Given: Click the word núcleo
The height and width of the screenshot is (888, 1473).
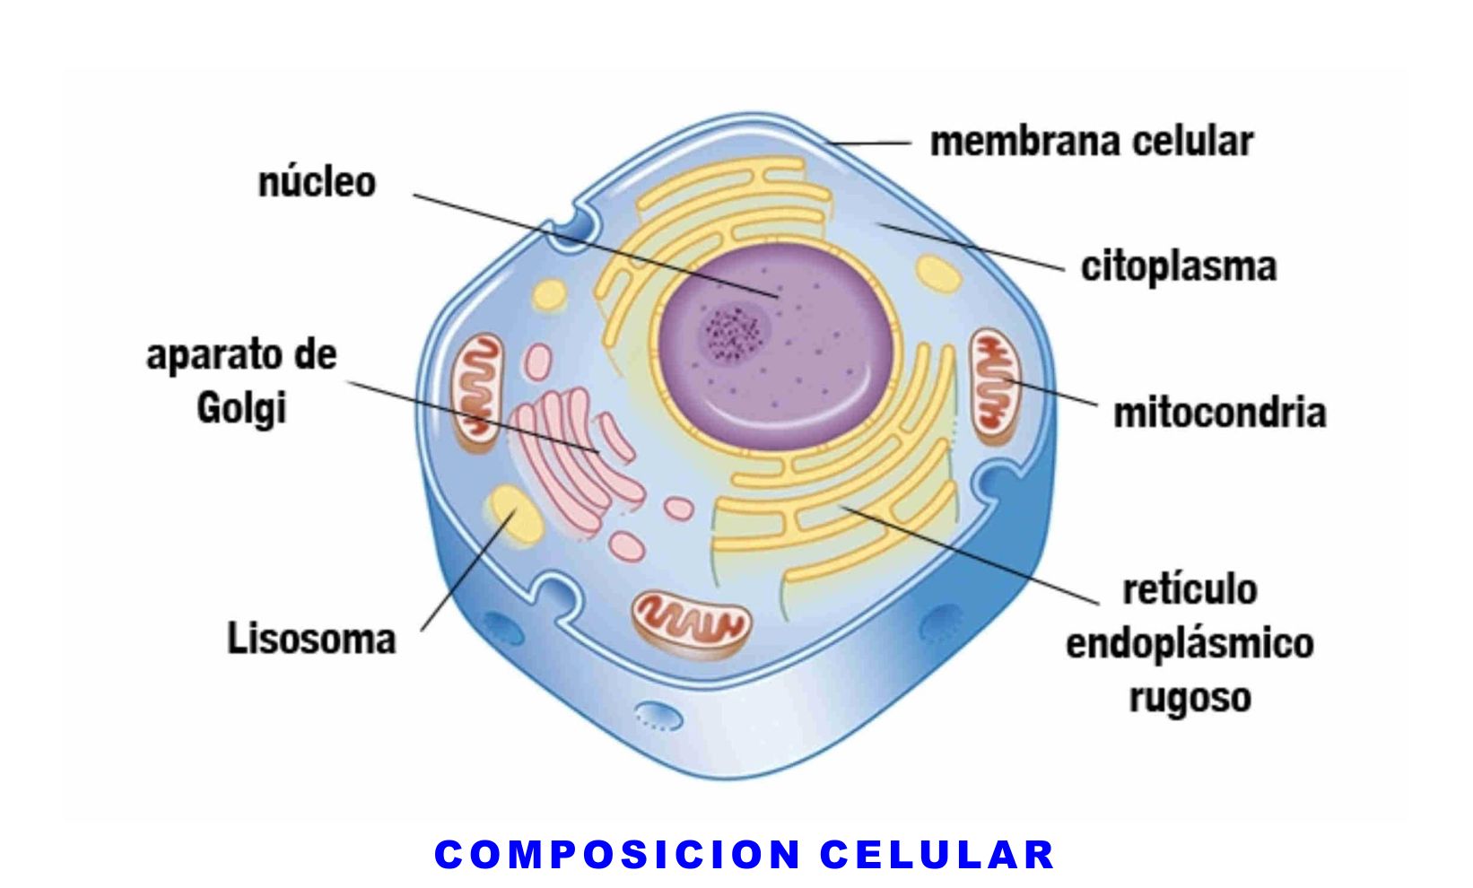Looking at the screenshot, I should tap(317, 182).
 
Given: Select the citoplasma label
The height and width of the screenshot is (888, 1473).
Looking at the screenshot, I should tap(1178, 266).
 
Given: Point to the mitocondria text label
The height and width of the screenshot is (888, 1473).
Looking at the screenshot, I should tap(1219, 413).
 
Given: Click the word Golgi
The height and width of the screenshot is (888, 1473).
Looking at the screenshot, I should tap(240, 409).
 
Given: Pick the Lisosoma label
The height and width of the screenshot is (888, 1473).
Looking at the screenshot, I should tap(311, 640).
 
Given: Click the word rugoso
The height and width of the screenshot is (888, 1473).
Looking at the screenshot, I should tap(1190, 698).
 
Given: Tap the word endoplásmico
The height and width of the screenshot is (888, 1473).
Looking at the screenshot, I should tap(1190, 644).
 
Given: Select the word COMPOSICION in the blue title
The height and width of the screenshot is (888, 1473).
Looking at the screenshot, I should tap(617, 855).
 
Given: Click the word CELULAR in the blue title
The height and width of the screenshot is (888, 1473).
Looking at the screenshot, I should tap(937, 855).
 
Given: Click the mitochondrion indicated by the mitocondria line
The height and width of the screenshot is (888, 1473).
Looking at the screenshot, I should tap(993, 385).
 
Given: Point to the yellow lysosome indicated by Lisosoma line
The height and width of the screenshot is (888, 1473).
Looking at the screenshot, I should tap(514, 517).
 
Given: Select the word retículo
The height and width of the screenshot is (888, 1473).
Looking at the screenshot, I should tap(1190, 590).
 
